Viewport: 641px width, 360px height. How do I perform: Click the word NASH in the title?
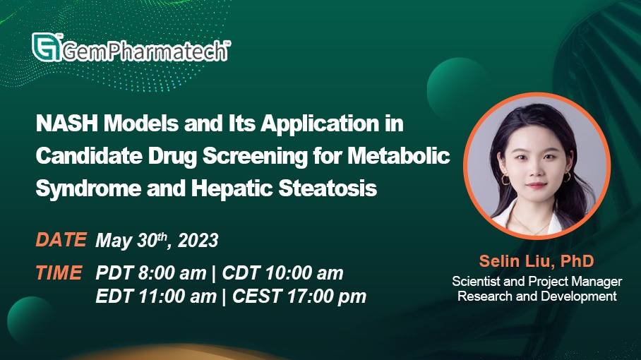point(67,123)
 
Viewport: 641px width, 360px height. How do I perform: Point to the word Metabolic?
point(399,156)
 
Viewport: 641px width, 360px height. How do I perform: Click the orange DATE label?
point(61,240)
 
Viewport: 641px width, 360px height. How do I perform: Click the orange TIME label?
point(59,273)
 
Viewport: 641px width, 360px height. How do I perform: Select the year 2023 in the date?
point(198,240)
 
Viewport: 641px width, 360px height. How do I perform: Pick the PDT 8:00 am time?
point(151,273)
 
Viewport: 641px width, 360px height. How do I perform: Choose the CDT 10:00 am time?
point(282,273)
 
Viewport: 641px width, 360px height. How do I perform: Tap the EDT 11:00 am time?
point(156,296)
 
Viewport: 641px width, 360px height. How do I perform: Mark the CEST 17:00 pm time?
point(299,296)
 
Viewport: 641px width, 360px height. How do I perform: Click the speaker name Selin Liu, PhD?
point(537,261)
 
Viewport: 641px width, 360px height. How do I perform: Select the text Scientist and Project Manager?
point(537,282)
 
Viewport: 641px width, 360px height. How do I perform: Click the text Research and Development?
point(537,296)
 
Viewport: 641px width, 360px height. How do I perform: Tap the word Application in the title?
point(320,124)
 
